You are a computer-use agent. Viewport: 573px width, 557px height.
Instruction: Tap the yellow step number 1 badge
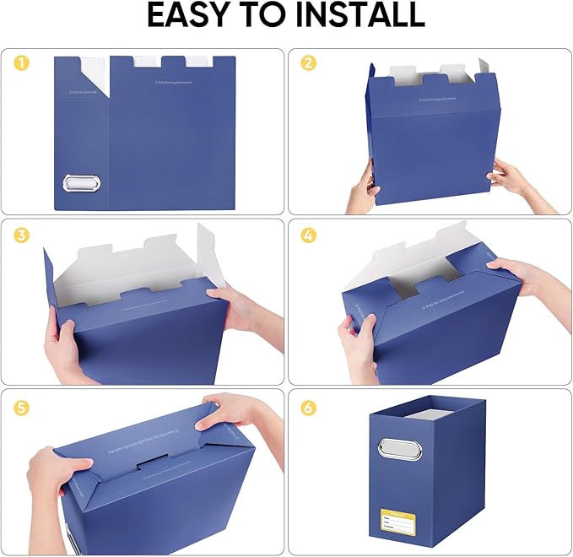click(19, 63)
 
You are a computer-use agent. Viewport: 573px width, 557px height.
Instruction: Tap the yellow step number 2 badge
click(308, 63)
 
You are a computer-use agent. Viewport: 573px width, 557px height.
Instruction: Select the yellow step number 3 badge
click(19, 235)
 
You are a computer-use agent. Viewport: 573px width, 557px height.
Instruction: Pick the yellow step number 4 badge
click(308, 235)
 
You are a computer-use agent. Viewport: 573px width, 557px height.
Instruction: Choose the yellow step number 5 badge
click(19, 408)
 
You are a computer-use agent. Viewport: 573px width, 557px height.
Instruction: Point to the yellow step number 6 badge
click(308, 408)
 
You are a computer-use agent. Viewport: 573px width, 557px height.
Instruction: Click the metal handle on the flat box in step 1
click(81, 183)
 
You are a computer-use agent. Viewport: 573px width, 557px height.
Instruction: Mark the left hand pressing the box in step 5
click(59, 473)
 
